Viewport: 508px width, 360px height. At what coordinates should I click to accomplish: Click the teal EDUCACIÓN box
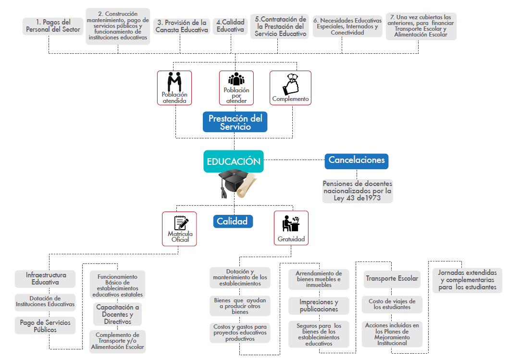coord(234,162)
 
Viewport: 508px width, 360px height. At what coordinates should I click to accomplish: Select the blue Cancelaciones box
coord(356,161)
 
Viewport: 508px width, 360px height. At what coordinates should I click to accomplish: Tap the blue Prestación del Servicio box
coord(235,122)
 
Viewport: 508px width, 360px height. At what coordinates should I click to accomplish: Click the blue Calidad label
coord(233,221)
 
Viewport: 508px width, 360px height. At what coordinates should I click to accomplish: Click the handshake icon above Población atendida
coord(174,81)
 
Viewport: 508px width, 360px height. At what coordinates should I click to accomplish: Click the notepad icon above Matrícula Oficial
coord(180,223)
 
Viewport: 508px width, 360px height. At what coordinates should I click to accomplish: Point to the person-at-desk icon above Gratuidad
coord(291,223)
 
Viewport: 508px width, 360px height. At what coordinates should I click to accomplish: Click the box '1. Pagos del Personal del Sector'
coord(53,26)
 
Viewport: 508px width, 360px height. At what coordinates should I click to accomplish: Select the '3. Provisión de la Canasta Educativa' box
coord(182,26)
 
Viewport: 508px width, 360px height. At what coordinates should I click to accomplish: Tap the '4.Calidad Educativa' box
coord(230,26)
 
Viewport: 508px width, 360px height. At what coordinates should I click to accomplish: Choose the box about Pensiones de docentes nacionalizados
coord(357,190)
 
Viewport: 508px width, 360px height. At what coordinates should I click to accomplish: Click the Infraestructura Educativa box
coord(45,278)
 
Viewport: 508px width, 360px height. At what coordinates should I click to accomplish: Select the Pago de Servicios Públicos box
coord(45,326)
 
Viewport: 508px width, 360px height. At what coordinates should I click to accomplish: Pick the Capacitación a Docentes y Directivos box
coord(117,314)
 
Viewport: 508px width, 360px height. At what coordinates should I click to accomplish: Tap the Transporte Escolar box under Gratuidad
coord(392,279)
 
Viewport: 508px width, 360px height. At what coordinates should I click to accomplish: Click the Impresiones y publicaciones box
coord(319,306)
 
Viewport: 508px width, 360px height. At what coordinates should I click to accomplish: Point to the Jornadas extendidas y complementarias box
coord(467,280)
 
